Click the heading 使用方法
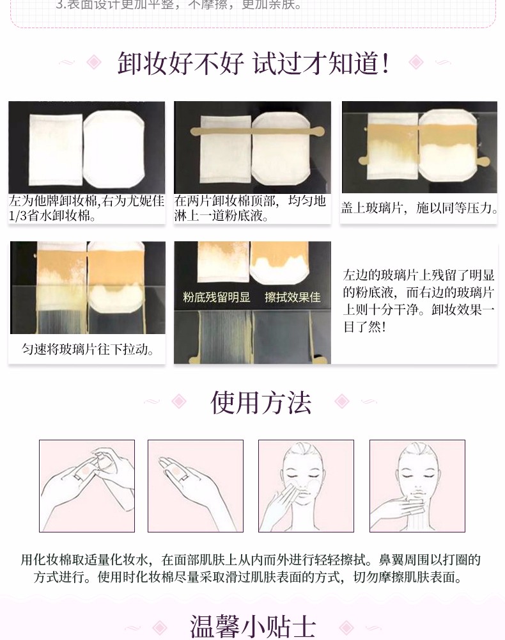click(261, 403)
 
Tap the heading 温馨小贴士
click(252, 627)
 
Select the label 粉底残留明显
click(217, 297)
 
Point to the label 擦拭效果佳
click(293, 297)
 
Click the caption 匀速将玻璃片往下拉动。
click(88, 349)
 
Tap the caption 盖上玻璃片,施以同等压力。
click(419, 208)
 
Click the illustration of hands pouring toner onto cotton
click(87, 486)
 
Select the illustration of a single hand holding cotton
click(196, 486)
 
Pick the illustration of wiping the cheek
click(306, 486)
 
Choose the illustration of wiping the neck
click(417, 486)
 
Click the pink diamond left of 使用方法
click(179, 401)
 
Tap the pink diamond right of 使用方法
click(342, 401)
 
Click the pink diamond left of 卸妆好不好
click(94, 63)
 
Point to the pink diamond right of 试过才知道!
click(416, 63)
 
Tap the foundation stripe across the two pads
click(258, 131)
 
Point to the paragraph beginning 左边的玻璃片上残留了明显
click(419, 301)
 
